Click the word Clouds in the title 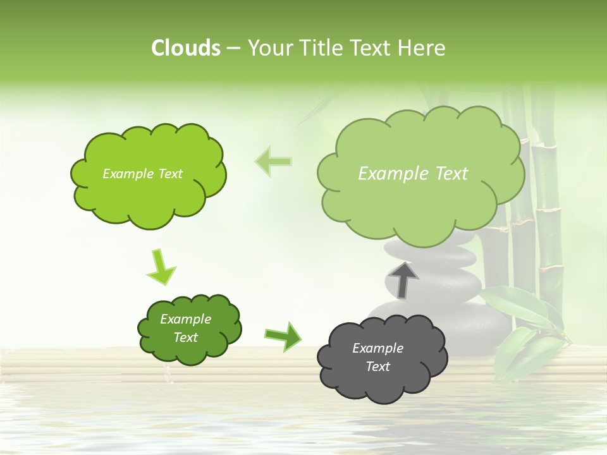tap(185, 48)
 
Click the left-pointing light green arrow tap(273, 161)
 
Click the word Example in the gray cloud tap(377, 348)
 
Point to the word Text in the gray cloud tap(378, 367)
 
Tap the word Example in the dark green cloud tap(185, 319)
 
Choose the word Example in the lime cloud tap(126, 174)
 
